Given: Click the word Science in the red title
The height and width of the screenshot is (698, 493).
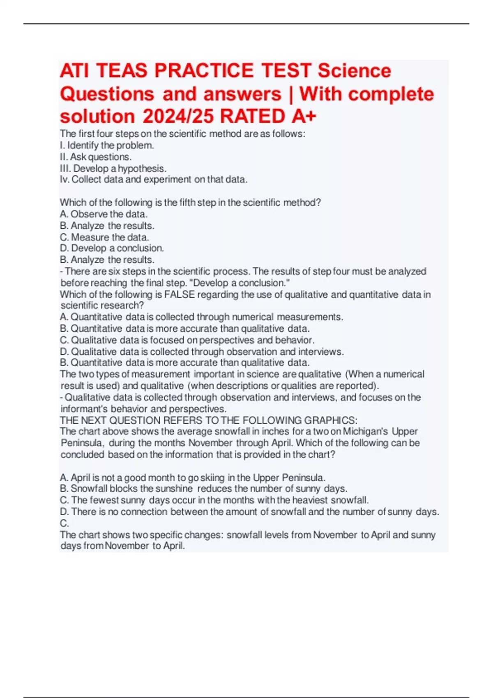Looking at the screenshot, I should coord(354,71).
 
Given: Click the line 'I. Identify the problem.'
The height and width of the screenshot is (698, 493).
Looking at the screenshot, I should coord(107,145).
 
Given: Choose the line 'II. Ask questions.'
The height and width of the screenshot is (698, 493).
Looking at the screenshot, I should coord(96,157).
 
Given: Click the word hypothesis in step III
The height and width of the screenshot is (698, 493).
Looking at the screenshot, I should coord(142,168).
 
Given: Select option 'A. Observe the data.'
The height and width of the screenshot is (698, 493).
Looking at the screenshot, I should coord(104,214).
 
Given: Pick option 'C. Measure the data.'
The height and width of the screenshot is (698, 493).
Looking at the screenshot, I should coord(104,237).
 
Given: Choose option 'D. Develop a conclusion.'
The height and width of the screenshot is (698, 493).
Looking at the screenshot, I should coord(112,248).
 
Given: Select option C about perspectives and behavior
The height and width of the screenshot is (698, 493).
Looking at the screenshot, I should coord(187,340).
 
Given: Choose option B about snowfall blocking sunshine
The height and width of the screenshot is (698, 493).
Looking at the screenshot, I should coord(203,489).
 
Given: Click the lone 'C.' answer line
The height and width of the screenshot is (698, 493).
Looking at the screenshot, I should coord(65,523).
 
